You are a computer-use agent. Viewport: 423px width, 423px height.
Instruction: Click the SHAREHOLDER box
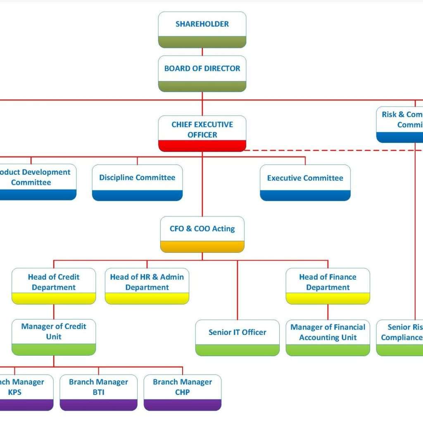tap(202, 29)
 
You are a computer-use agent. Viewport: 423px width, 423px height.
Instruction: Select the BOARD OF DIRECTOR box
tap(202, 73)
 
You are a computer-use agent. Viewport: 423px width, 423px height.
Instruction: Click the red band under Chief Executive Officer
tap(202, 146)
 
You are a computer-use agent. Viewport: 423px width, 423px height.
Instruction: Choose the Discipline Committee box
tap(137, 182)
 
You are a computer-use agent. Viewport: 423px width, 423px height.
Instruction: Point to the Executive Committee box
tap(305, 182)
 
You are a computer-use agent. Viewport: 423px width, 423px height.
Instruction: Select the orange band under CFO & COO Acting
tap(202, 247)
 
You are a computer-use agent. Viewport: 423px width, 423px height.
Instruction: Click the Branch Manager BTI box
tap(98, 392)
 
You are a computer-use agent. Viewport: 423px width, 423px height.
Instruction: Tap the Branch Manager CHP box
tap(182, 392)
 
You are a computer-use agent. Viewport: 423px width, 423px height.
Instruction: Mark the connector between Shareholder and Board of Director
tap(202, 52)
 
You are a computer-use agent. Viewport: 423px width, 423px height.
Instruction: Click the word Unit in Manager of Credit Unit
tap(54, 337)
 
